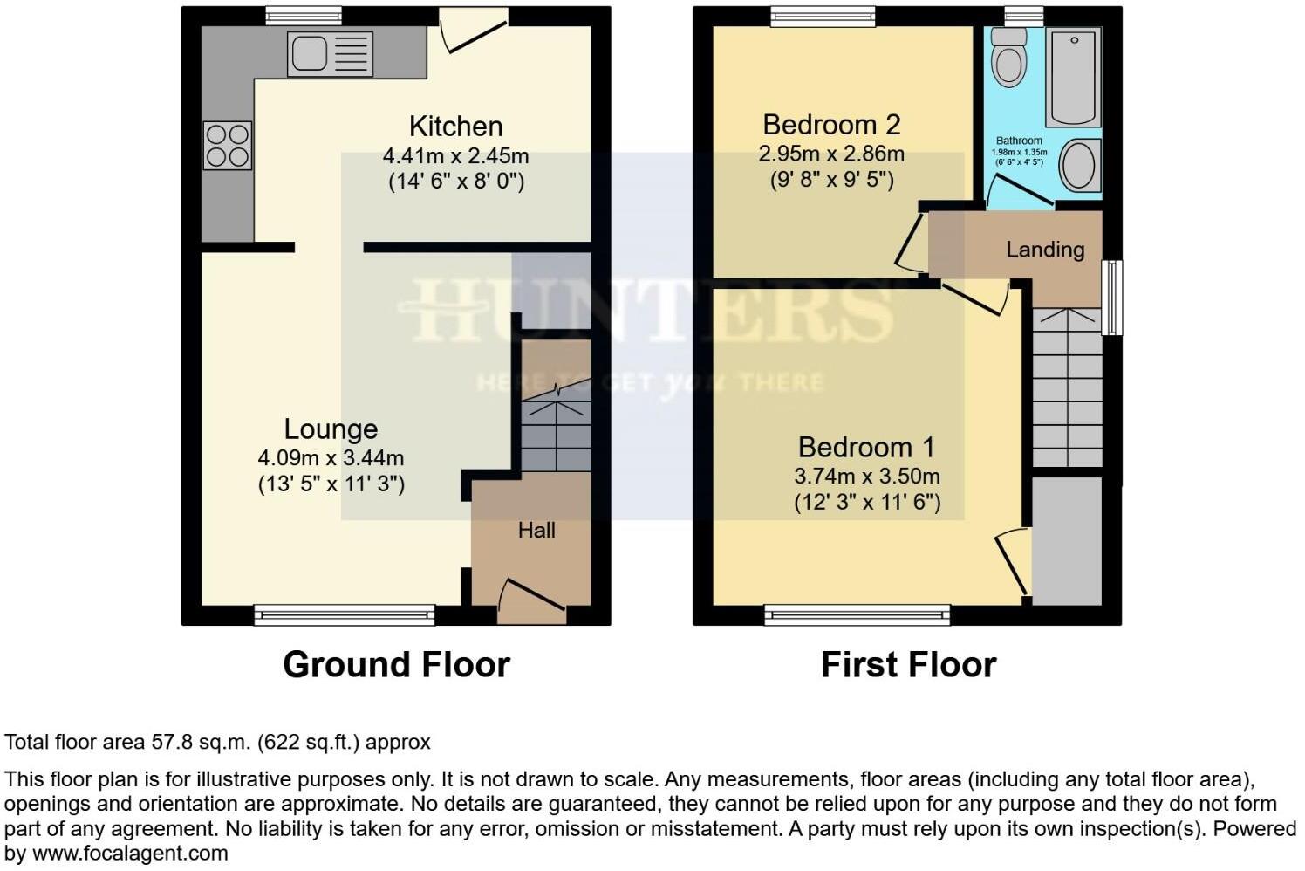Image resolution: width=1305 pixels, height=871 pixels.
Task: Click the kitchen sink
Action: [x=330, y=53]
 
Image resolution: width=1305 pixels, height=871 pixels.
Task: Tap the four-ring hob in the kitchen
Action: [x=228, y=146]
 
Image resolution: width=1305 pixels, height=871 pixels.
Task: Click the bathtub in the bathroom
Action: [x=1073, y=78]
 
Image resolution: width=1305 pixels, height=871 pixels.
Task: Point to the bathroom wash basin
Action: [x=1080, y=166]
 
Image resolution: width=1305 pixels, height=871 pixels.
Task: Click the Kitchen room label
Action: [x=455, y=127]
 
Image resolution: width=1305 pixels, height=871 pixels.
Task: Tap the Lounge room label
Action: [x=331, y=429]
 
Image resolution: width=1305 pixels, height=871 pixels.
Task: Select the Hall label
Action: [x=536, y=530]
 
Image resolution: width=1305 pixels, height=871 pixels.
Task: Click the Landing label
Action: [x=1045, y=250]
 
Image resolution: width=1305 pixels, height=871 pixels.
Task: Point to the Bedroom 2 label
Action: [x=831, y=125]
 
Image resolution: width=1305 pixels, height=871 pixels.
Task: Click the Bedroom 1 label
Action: [x=866, y=447]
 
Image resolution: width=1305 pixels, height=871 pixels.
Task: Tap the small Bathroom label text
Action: [x=1019, y=141]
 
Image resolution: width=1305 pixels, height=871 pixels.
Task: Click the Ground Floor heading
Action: [x=396, y=665]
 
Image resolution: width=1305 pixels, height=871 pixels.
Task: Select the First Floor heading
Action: [x=908, y=665]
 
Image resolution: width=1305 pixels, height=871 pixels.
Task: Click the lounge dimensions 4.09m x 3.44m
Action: [x=331, y=457]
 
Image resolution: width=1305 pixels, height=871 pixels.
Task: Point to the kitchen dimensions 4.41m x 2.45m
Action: [x=455, y=156]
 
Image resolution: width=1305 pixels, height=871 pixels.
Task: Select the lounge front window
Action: [x=345, y=615]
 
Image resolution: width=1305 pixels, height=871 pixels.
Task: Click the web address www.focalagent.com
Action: [x=130, y=854]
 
